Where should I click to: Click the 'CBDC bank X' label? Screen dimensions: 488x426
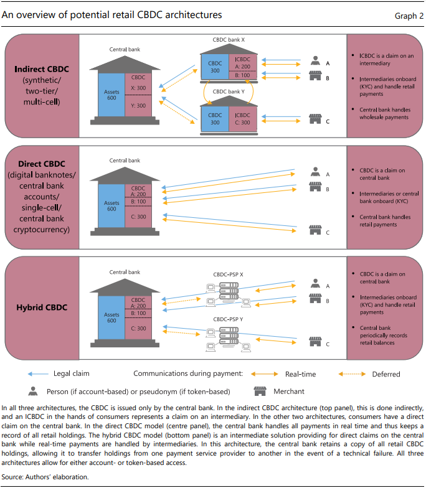[229, 39]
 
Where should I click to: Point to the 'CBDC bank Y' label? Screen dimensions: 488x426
[229, 91]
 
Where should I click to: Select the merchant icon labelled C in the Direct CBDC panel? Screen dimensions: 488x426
[315, 233]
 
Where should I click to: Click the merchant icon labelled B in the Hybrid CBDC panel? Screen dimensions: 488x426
[315, 301]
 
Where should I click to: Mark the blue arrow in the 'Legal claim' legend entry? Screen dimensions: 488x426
[39, 374]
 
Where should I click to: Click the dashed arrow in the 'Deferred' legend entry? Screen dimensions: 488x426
[353, 374]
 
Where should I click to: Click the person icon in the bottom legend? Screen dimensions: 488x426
[32, 391]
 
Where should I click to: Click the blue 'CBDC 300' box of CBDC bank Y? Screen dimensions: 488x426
[214, 118]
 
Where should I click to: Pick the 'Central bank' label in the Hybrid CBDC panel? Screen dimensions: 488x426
[125, 272]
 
